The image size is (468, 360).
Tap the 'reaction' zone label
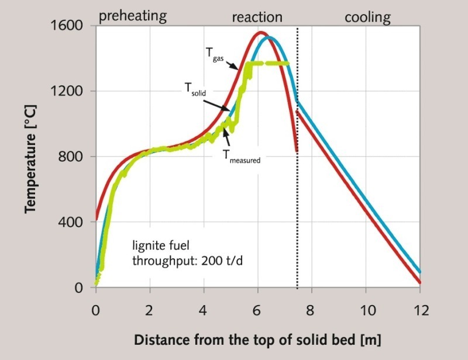pos(257,17)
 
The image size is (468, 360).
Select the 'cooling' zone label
pos(367,17)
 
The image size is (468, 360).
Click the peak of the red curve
pos(261,33)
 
